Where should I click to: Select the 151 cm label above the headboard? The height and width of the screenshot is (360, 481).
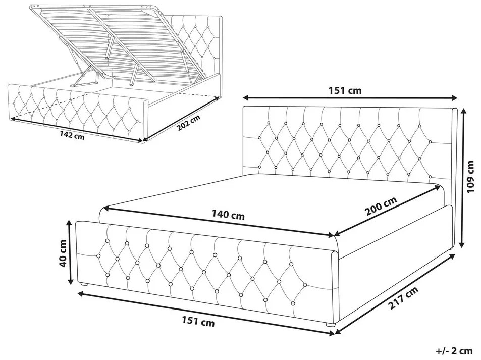345,90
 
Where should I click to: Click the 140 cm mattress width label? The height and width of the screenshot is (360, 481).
228,214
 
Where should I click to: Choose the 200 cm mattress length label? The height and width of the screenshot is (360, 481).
381,206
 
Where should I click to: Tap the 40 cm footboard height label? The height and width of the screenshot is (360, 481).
64,253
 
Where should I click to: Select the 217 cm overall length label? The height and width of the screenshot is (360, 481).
403,298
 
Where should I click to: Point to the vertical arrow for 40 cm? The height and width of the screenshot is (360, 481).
71,252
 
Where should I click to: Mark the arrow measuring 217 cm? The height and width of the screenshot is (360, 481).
395,293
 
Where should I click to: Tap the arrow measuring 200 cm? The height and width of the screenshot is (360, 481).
387,211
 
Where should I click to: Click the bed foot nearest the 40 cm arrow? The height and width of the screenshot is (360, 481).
84,284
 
